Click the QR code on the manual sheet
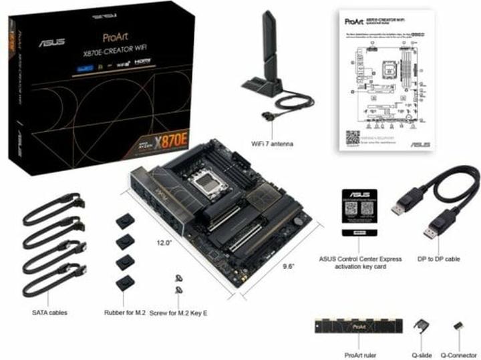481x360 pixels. coord(353,138)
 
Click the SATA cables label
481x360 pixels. coord(49,311)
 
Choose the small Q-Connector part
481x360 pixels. coord(458,325)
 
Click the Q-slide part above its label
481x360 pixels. coord(421,325)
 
